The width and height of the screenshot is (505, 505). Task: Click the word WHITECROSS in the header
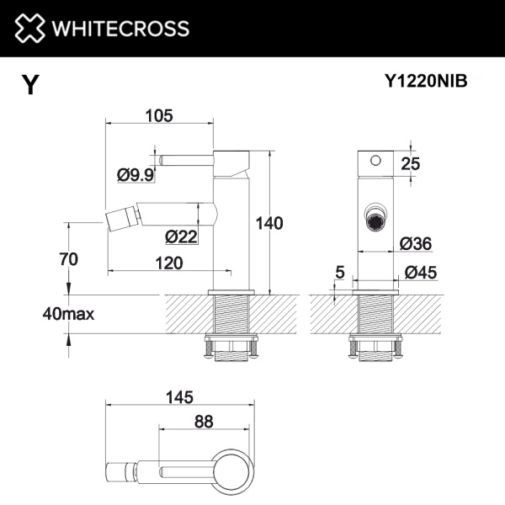point(120,29)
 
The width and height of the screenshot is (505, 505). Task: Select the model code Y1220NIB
point(425,82)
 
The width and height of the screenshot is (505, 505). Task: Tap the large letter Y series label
point(30,85)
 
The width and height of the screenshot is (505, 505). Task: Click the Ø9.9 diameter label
point(135,175)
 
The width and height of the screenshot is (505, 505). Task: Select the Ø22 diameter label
point(181,237)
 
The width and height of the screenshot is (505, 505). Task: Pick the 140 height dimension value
point(269,223)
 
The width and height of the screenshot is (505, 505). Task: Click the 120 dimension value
point(169,263)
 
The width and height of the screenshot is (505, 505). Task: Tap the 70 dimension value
point(68,260)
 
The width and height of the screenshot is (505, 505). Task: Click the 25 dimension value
point(410,164)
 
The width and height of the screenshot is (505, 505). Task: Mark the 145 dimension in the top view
point(179,396)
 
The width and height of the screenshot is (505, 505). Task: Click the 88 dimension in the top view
point(203,422)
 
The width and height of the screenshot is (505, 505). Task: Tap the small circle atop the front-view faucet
point(375,160)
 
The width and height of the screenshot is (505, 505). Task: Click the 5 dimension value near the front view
point(340,271)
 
